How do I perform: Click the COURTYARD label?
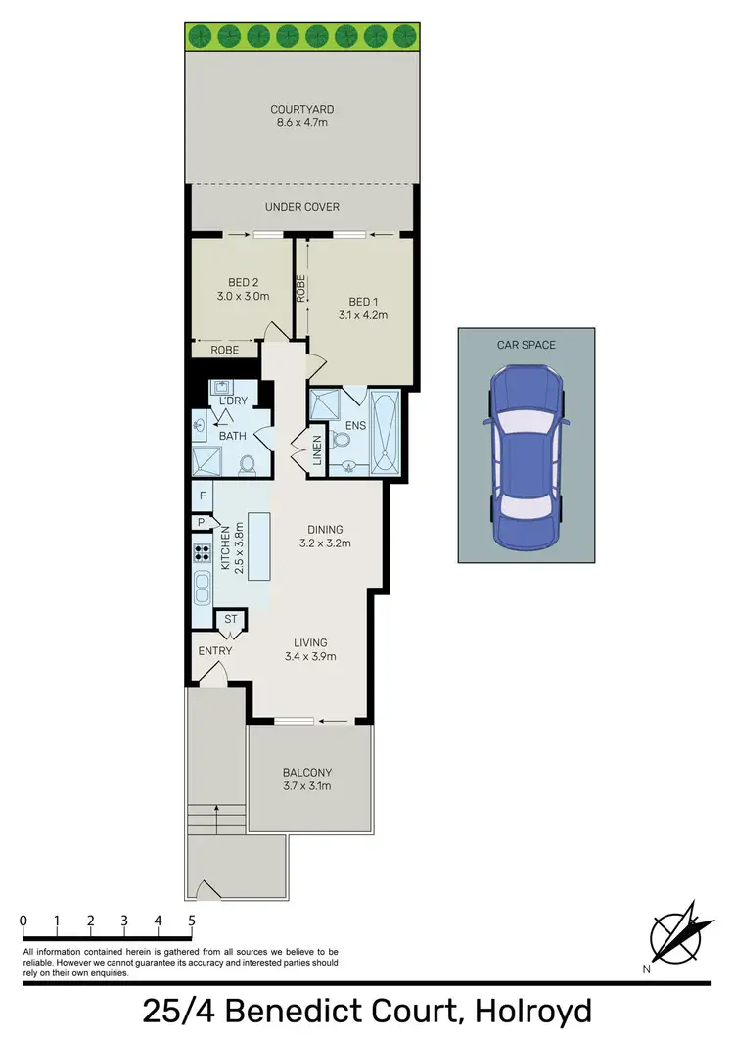point(301,110)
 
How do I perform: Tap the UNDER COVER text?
point(301,207)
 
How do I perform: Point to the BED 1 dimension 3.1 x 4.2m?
point(368,315)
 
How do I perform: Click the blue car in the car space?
point(526,458)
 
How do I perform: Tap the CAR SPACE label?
point(526,345)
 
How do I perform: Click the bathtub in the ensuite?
point(386,434)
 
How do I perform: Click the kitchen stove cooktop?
point(203,551)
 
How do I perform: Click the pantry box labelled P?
point(201,523)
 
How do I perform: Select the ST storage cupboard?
point(231,619)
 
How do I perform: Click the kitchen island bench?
point(259,545)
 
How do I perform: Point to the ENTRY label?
point(215,651)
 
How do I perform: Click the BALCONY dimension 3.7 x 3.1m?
point(307,785)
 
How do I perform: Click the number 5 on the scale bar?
point(192,921)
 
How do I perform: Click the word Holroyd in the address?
point(531,1011)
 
